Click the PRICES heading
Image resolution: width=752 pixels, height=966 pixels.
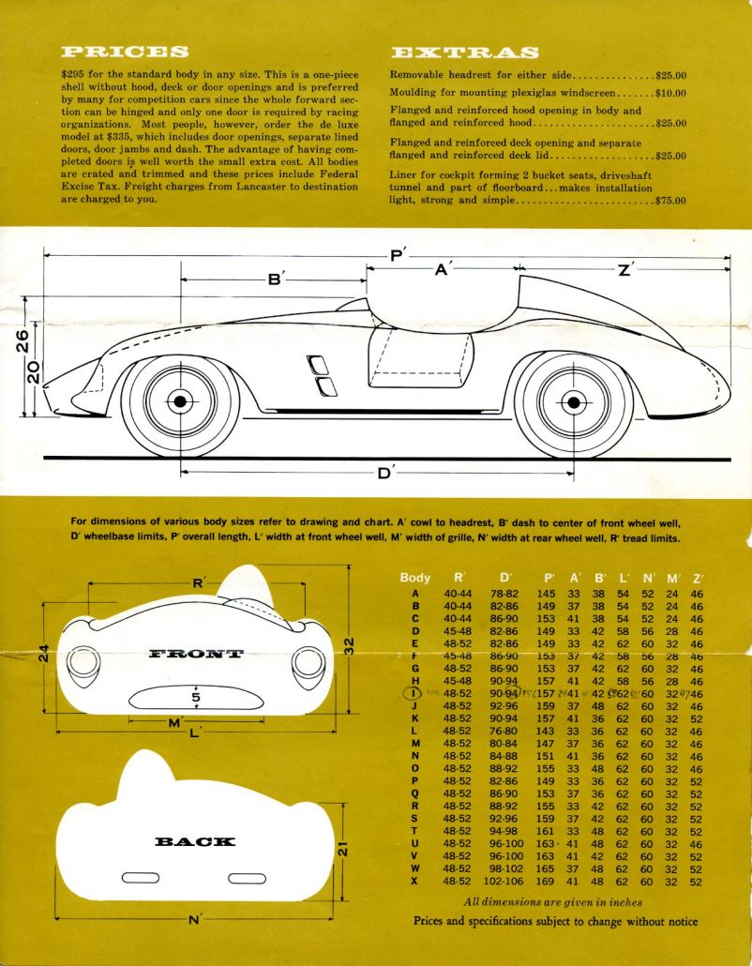(x=125, y=52)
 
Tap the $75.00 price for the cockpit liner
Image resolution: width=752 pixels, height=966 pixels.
(x=671, y=201)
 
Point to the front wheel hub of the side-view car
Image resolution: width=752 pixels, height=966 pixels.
(x=178, y=401)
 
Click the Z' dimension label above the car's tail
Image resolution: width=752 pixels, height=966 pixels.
(x=626, y=269)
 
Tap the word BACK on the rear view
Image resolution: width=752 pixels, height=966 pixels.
(x=194, y=841)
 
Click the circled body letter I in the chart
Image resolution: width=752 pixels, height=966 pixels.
(x=413, y=693)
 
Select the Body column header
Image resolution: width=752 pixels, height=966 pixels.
(x=414, y=578)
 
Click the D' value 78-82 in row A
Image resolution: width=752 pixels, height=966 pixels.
(x=505, y=594)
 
